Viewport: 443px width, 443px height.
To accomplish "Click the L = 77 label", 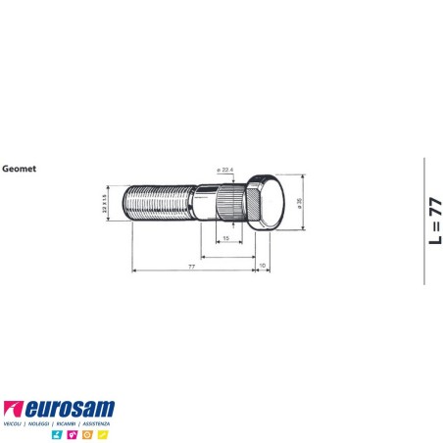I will (x=434, y=220).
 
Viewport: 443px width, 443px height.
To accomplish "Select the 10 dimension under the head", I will (x=262, y=266).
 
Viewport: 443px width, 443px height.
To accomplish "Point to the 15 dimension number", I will (x=225, y=238).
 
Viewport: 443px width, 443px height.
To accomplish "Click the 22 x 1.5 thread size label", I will (x=105, y=203).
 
